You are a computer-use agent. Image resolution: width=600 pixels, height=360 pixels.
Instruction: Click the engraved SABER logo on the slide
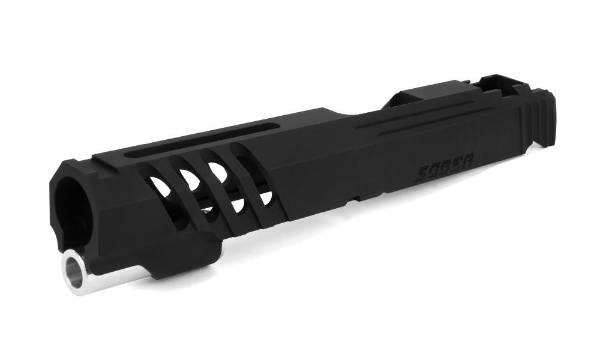tap(445, 167)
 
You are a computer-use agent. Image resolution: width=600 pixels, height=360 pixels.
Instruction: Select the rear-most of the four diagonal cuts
tap(253, 184)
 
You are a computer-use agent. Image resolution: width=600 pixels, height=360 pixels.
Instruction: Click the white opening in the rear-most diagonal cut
tap(266, 197)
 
